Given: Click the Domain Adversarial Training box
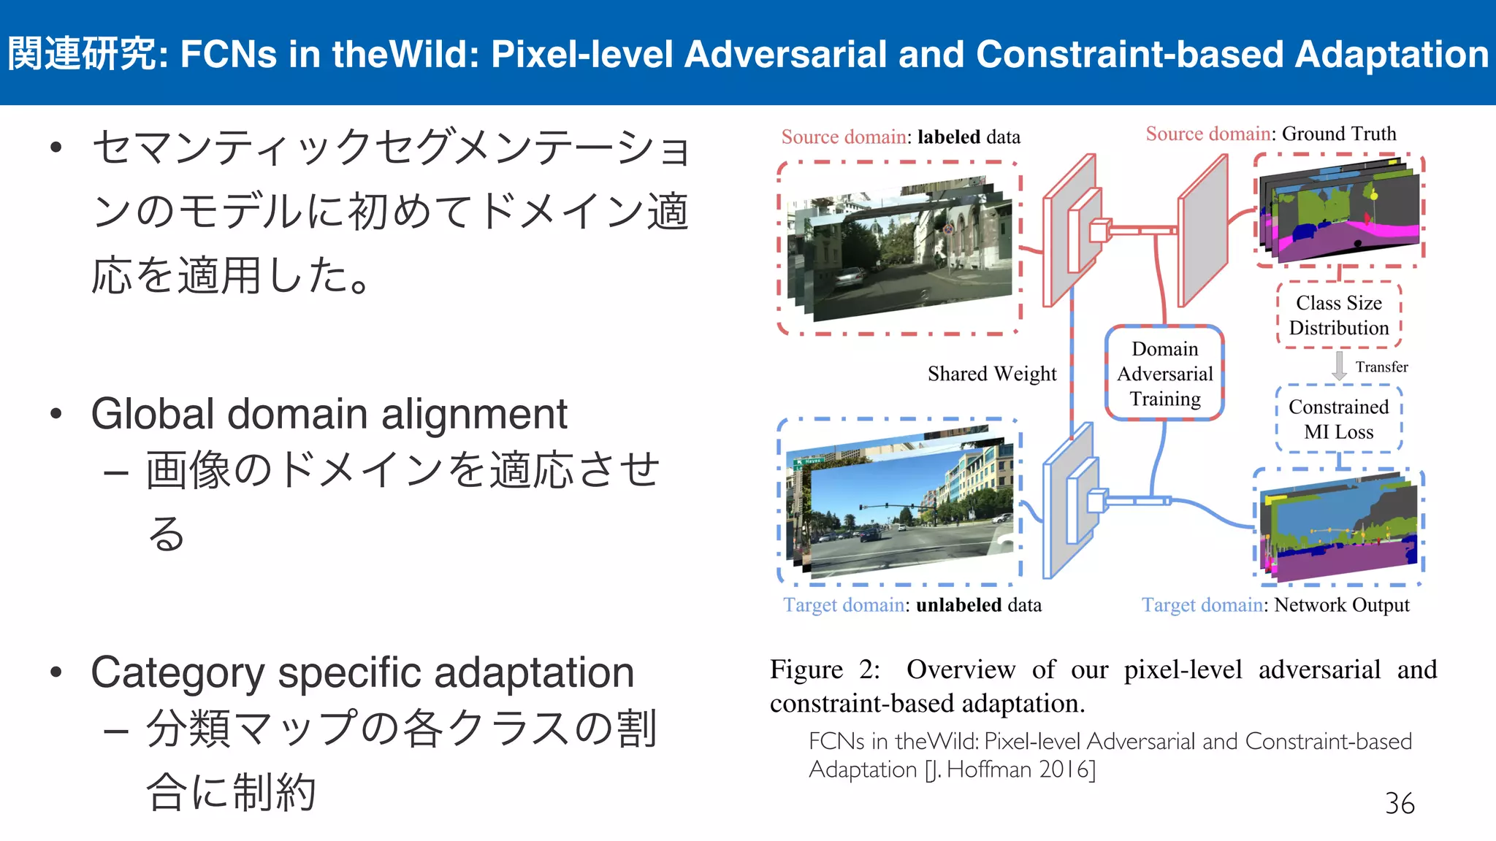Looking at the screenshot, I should coord(1164,374).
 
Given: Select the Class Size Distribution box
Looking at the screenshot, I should coord(1338,315).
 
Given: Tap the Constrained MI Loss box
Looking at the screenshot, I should coord(1338,419).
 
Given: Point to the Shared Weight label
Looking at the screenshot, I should coord(991,374).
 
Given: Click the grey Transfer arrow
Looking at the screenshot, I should coord(1339,366).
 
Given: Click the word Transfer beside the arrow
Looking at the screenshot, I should coord(1381,366).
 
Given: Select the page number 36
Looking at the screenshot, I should coord(1399,804).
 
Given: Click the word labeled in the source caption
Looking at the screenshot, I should coord(948,137).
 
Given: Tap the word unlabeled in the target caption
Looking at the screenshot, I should coord(958,605).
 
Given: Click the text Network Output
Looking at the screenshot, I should coord(1341,605).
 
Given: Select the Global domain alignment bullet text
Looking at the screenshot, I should coord(329,414).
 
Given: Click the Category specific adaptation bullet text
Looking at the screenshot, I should coord(362,672).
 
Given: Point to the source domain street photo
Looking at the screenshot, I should coord(906,252).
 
